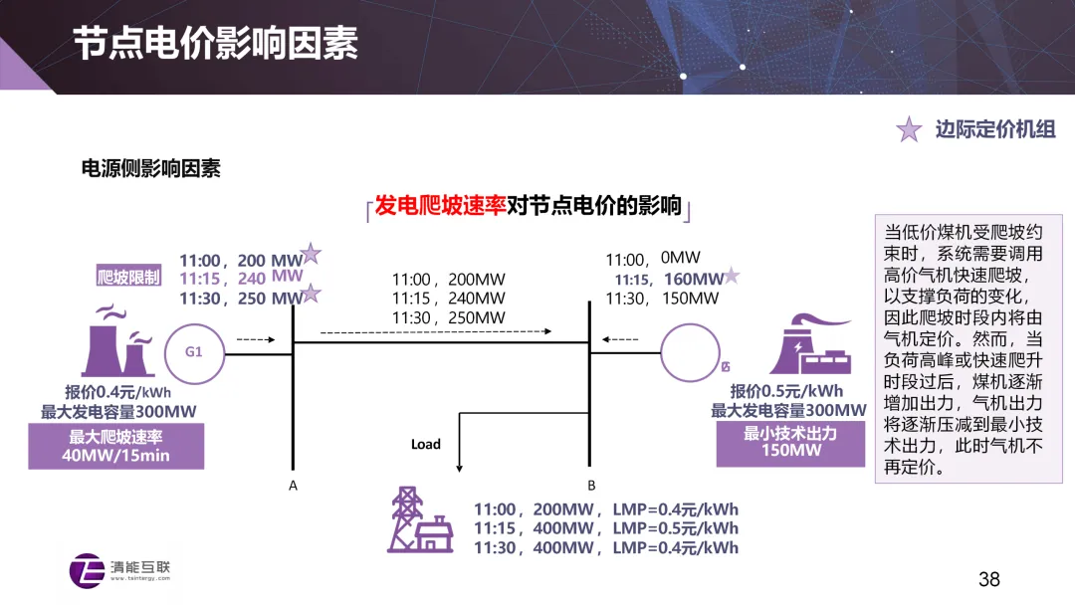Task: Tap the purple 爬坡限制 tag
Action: click(128, 277)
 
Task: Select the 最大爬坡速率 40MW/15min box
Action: click(115, 446)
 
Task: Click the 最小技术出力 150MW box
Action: click(790, 443)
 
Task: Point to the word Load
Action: click(426, 444)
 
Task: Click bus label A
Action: click(293, 486)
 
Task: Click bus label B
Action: click(591, 486)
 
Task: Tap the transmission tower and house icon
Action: click(420, 519)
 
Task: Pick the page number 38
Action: click(988, 580)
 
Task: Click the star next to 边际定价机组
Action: click(909, 128)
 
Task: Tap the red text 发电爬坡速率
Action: click(440, 206)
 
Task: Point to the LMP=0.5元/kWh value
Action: click(675, 529)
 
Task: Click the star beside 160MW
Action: click(732, 275)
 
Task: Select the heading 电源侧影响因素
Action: click(151, 168)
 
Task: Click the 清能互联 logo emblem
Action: click(87, 570)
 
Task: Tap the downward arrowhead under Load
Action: click(459, 469)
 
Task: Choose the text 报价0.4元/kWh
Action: click(117, 393)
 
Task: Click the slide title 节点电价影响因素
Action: click(216, 44)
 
